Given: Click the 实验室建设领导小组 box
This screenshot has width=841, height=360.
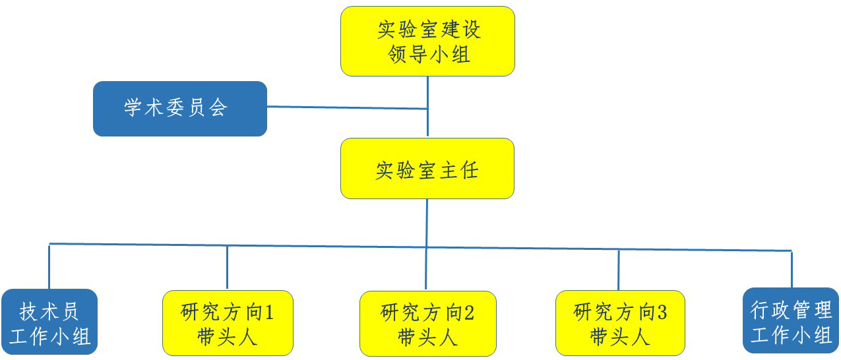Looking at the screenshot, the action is (x=427, y=42).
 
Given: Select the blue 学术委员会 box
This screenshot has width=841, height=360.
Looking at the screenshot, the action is (x=180, y=109).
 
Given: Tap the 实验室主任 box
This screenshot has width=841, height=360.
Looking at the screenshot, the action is (x=427, y=168).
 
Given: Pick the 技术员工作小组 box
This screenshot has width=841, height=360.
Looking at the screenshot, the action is (x=49, y=322).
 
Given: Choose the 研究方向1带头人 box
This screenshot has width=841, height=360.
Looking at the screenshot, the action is (x=228, y=323).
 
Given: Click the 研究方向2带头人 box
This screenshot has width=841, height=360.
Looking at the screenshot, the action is (x=428, y=324).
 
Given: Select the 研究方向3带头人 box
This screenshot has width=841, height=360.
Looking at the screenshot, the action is (x=620, y=323).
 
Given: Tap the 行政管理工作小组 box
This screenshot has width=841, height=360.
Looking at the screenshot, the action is (x=791, y=320).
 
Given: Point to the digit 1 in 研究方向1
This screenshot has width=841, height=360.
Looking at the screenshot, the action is (x=269, y=312).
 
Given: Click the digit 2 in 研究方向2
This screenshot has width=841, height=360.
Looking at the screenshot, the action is (x=469, y=313).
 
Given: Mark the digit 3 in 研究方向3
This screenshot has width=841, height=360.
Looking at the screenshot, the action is (x=662, y=312).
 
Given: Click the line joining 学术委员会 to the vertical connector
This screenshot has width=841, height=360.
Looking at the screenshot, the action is (x=348, y=107).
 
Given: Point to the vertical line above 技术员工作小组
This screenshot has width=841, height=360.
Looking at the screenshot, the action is (x=49, y=266).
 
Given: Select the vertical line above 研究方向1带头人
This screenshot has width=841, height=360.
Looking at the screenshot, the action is (x=227, y=268).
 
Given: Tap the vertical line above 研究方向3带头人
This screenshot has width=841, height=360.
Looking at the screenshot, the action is (x=619, y=270).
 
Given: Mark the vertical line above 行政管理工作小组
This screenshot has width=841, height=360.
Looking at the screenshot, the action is (x=792, y=270).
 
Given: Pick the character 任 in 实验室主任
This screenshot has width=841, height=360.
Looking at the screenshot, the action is (x=469, y=170).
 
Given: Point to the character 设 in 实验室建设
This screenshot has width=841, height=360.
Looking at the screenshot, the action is (x=472, y=29).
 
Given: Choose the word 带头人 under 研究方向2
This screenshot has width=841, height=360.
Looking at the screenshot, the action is (x=427, y=337).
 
